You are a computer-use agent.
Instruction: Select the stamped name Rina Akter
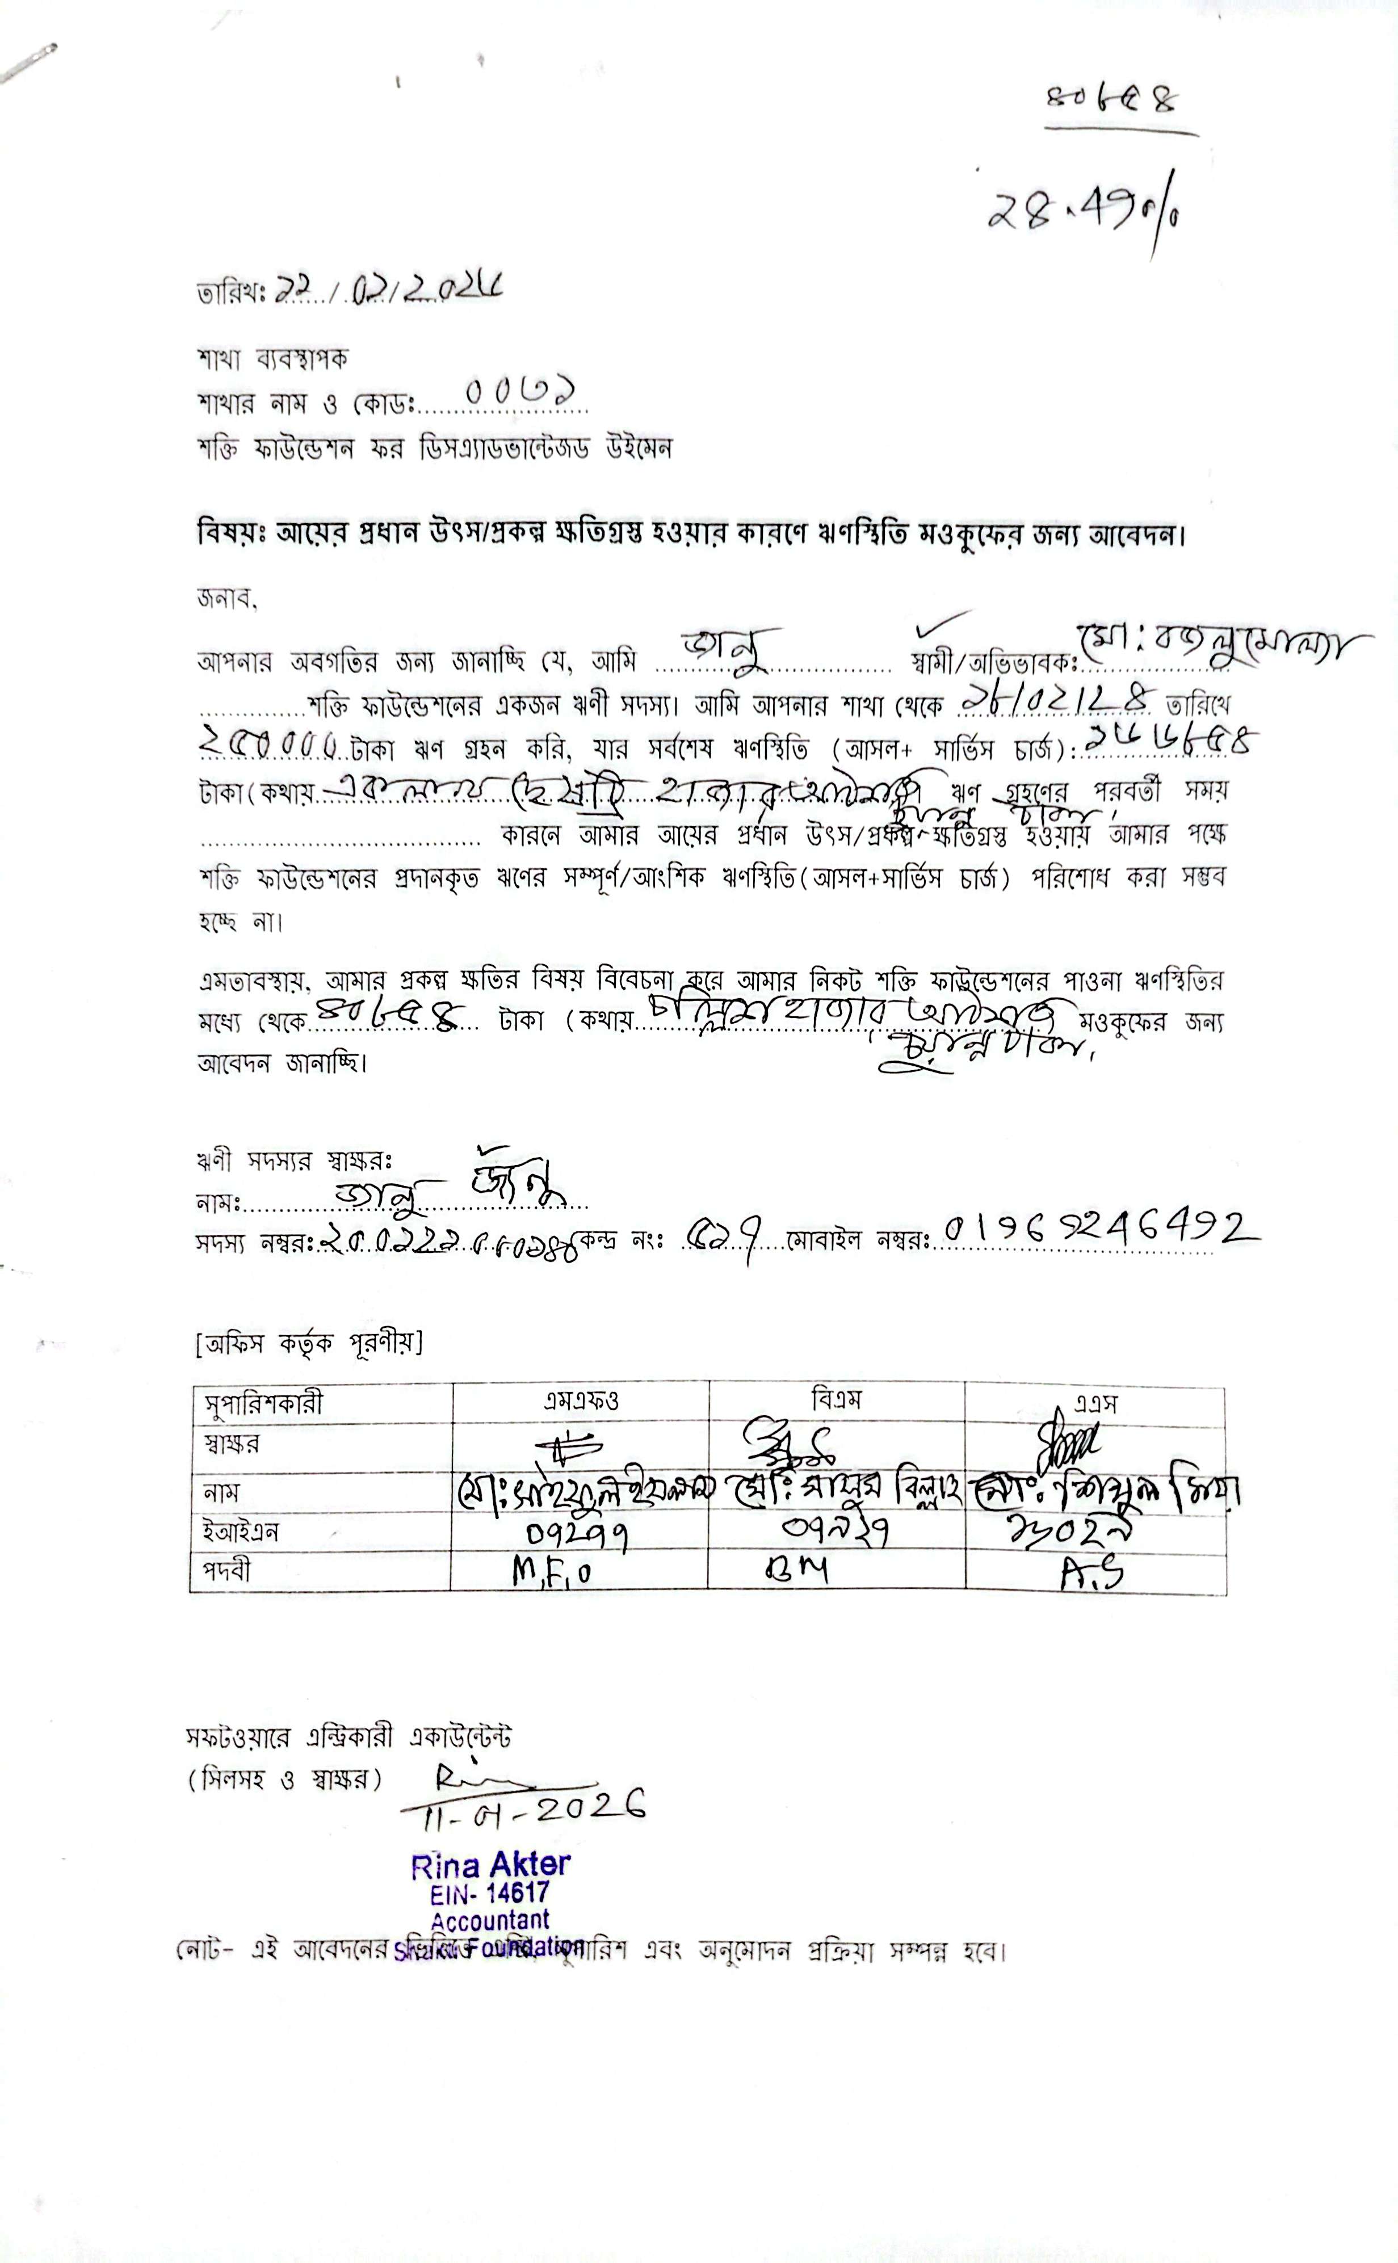coord(490,1865)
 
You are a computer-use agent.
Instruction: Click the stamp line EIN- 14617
coord(489,1893)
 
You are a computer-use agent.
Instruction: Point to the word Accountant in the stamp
coord(489,1920)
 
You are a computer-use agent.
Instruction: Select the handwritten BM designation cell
coord(797,1570)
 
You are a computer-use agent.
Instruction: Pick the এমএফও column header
coord(581,1402)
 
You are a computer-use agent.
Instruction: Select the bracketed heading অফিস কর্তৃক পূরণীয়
coord(308,1342)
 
